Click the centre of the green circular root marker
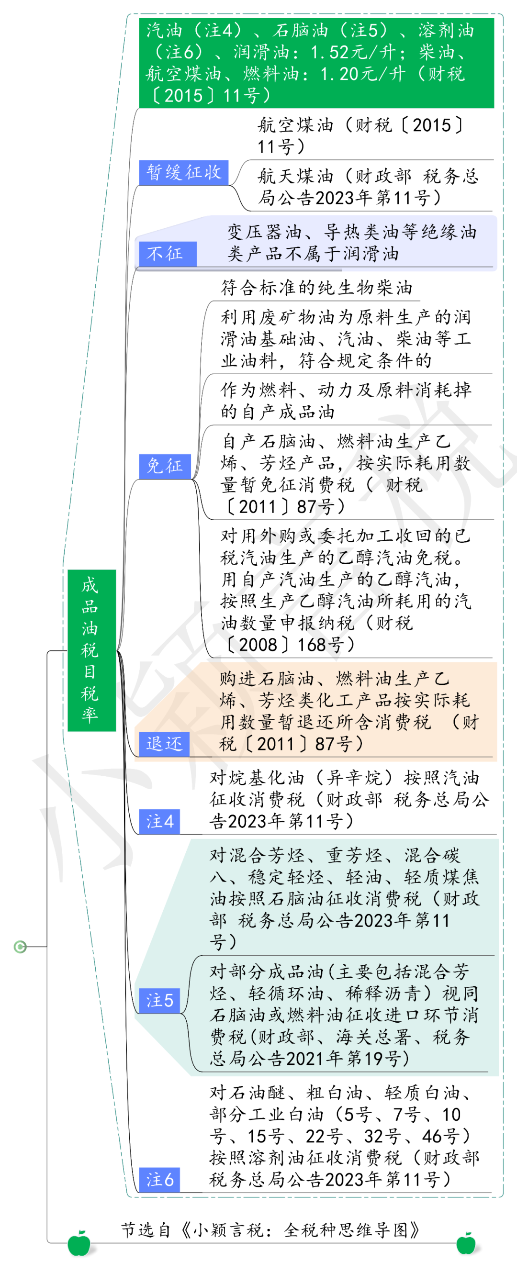tap(20, 946)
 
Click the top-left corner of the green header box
tap(139, 18)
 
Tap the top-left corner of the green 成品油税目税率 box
tap(67, 570)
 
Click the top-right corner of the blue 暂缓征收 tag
tap(228, 160)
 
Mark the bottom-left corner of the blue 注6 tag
tap(139, 1193)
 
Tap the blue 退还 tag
tap(164, 744)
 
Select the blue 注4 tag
tap(159, 822)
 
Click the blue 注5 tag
tap(159, 1001)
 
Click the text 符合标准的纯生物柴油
tap(316, 288)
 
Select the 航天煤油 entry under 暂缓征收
tap(368, 187)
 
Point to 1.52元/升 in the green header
tap(351, 52)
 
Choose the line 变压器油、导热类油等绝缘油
tap(352, 232)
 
